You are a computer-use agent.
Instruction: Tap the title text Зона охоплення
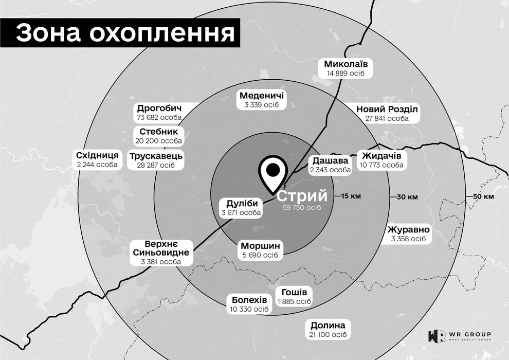[x=126, y=33]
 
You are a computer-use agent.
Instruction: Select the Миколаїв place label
[x=345, y=65]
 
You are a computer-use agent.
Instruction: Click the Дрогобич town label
[x=160, y=109]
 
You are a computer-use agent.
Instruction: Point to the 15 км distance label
[x=352, y=196]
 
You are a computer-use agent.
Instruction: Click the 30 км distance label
[x=407, y=197]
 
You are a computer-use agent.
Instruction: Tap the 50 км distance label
[x=483, y=197]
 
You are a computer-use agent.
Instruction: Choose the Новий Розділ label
[x=388, y=110]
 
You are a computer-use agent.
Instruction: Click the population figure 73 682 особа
[x=160, y=118]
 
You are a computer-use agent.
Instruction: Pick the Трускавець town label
[x=156, y=156]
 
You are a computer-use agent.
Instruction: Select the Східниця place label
[x=97, y=155]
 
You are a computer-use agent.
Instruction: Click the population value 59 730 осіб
[x=302, y=208]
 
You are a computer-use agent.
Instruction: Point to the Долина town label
[x=328, y=326]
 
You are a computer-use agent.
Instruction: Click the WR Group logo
[x=459, y=336]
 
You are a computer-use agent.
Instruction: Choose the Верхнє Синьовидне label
[x=161, y=248]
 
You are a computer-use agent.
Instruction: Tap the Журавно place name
[x=408, y=229]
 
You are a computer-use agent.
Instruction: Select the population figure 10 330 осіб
[x=249, y=309]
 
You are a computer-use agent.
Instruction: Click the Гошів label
[x=294, y=292]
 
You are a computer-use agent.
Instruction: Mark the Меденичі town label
[x=262, y=96]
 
